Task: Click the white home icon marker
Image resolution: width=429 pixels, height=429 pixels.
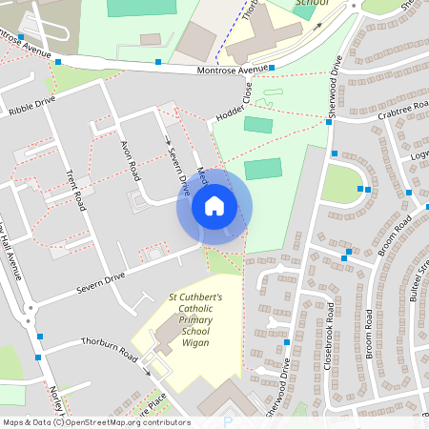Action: pos(214,206)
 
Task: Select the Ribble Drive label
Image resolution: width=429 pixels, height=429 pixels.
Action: pos(33,105)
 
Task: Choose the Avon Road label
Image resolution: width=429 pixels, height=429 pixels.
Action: pos(130,157)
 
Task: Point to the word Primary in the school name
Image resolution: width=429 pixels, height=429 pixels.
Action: pos(195,320)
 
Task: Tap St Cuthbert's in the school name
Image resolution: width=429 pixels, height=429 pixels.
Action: pos(195,297)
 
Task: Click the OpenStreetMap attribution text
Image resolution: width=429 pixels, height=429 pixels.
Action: pos(95,421)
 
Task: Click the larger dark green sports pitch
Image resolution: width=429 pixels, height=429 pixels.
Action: pos(263,170)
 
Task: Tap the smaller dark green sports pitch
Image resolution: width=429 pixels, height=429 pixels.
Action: pos(257,125)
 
